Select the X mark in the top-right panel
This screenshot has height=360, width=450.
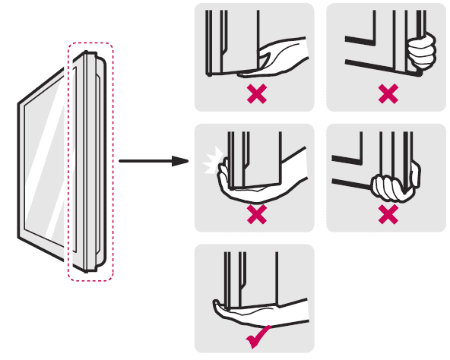[388, 94]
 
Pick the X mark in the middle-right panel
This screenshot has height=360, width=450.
[388, 215]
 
